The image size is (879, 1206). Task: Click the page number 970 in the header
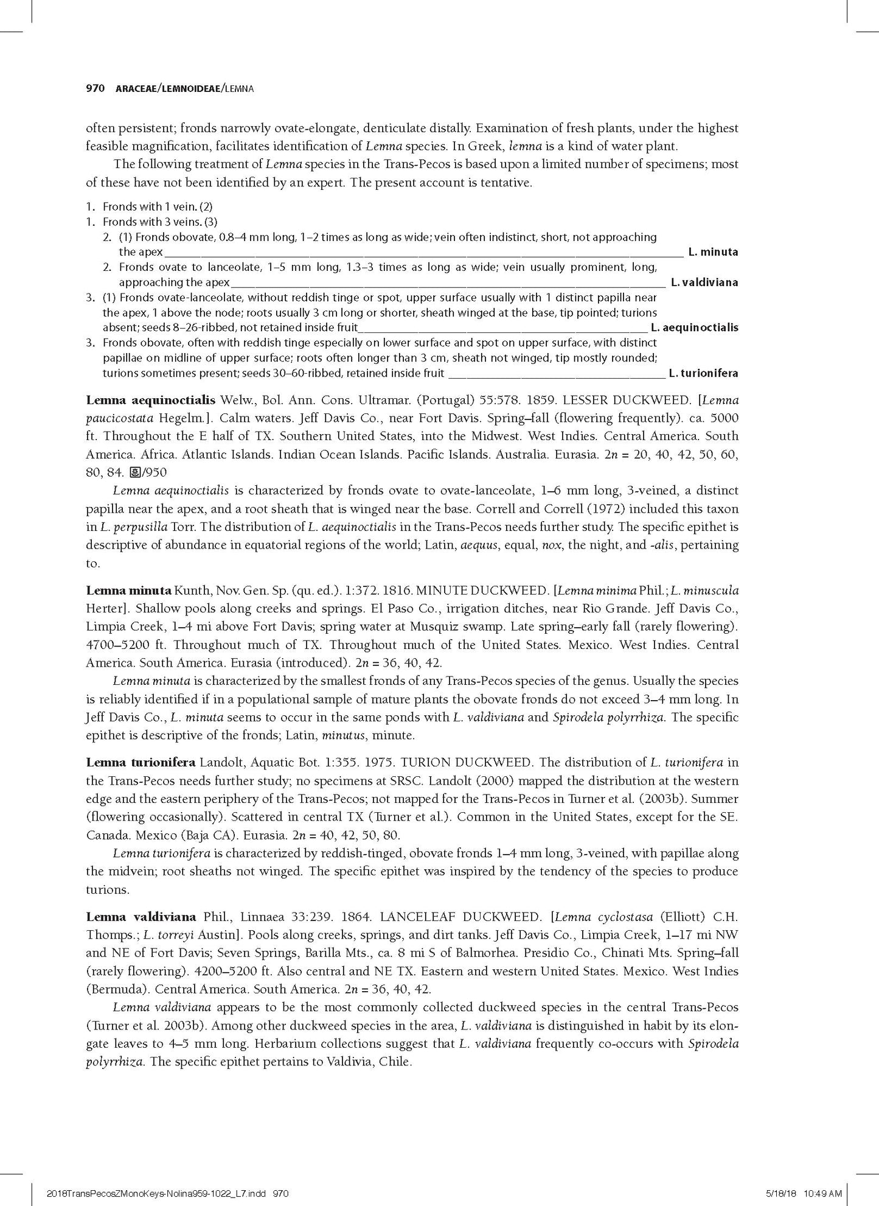(96, 89)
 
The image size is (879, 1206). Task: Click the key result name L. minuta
(713, 251)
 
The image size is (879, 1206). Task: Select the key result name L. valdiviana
(704, 282)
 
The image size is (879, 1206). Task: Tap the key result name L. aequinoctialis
(694, 328)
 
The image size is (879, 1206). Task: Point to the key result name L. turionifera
(703, 373)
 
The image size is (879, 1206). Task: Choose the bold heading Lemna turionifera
(141, 762)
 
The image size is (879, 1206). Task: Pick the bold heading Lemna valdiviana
(141, 916)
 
